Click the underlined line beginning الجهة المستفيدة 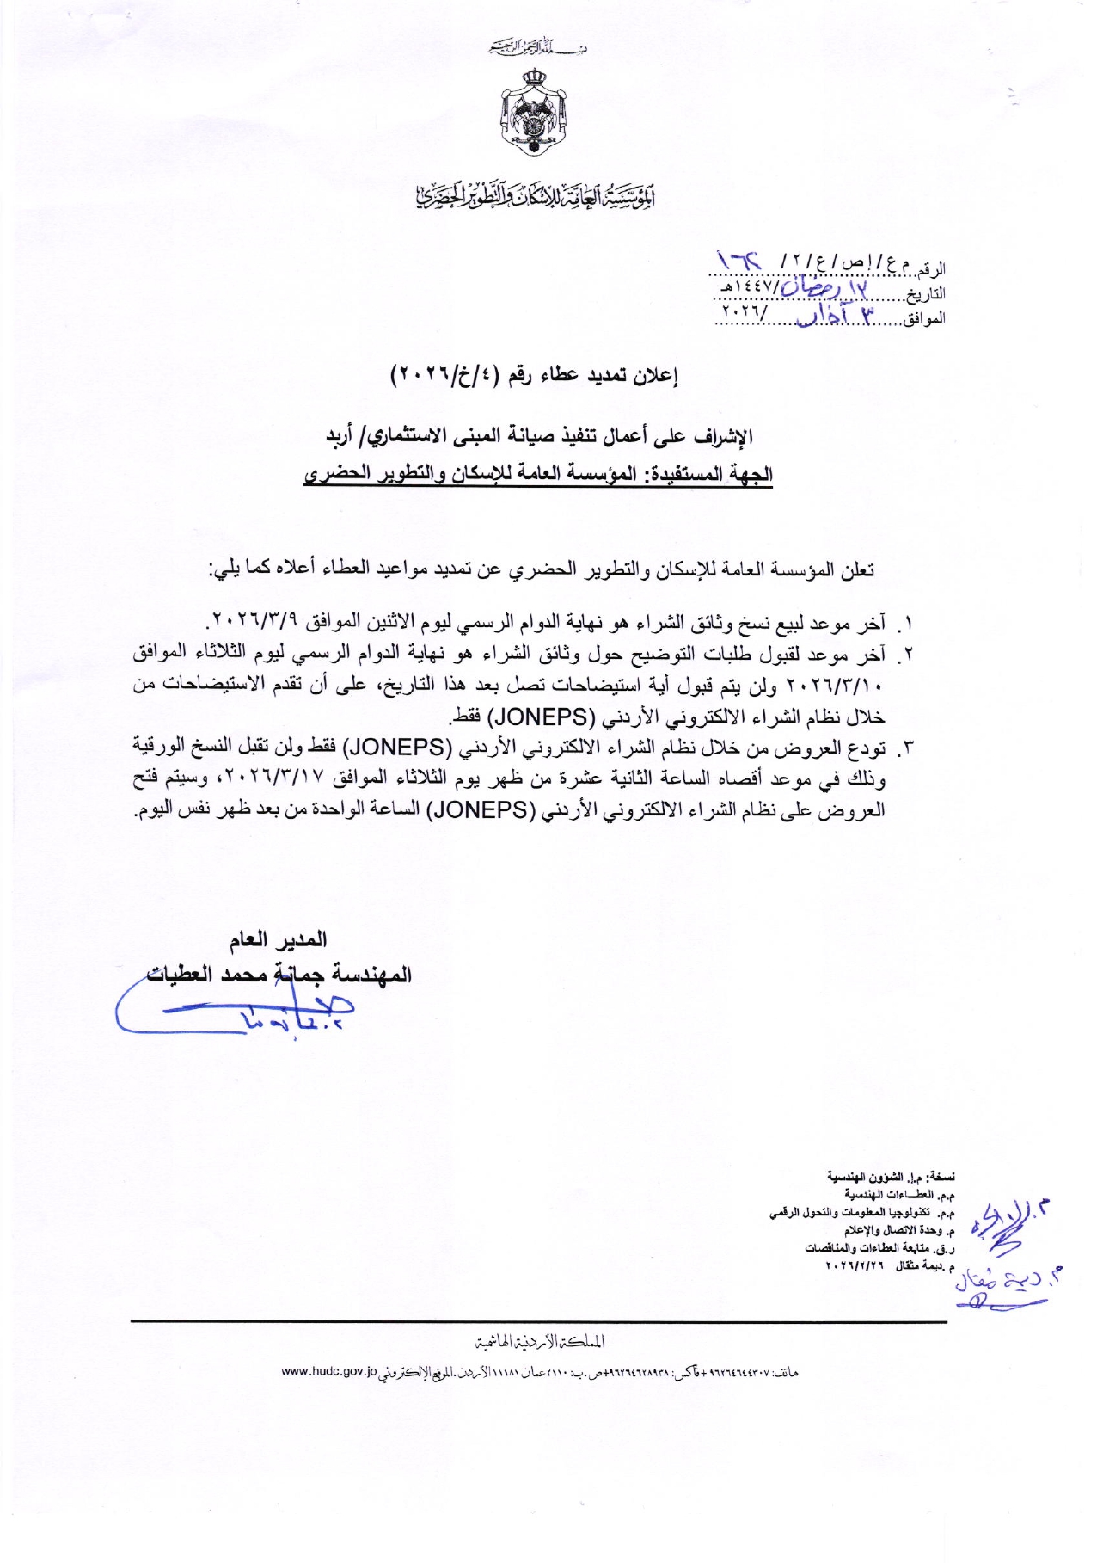538,474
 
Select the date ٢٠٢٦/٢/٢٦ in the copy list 855,1266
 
